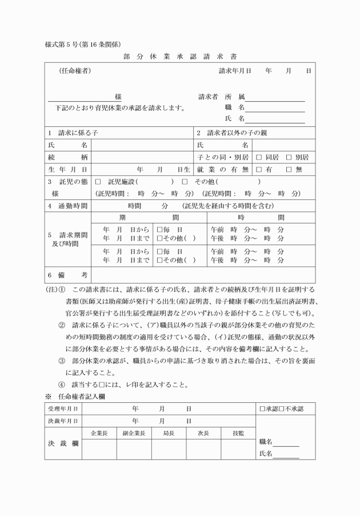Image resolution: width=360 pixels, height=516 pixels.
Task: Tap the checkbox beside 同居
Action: (x=259, y=157)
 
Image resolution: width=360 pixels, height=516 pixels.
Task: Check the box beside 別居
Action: (x=289, y=157)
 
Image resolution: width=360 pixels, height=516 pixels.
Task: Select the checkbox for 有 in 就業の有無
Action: (x=259, y=169)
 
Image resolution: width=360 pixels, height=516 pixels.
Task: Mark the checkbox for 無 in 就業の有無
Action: (x=289, y=169)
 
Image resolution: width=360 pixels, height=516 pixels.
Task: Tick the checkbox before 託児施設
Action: (x=97, y=181)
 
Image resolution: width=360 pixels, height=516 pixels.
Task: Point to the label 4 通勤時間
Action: (x=67, y=205)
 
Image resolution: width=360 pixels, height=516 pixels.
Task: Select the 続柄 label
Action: (x=67, y=157)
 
